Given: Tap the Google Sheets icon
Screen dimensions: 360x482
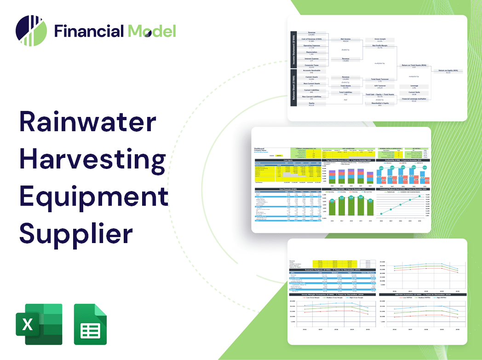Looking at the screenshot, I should pyautogui.click(x=91, y=324).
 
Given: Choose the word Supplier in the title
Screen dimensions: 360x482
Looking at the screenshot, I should pyautogui.click(x=76, y=233).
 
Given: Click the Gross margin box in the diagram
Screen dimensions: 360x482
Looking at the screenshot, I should pyautogui.click(x=379, y=40).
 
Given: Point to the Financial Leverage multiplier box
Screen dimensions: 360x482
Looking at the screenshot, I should pyautogui.click(x=414, y=99).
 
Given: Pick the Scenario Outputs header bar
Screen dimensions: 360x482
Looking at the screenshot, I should pyautogui.click(x=331, y=270).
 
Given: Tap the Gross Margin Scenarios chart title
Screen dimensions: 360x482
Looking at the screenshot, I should pyautogui.click(x=331, y=294).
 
